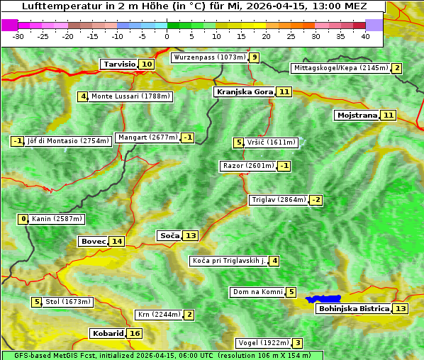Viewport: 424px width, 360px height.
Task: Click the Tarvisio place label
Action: tap(118, 64)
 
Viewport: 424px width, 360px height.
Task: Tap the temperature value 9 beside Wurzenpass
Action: tap(255, 57)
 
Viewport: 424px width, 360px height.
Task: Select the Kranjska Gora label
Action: tap(244, 92)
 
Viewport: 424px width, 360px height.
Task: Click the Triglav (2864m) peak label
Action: tap(279, 200)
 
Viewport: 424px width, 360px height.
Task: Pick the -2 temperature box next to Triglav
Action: tap(316, 200)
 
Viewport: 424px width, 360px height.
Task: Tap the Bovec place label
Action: tap(93, 242)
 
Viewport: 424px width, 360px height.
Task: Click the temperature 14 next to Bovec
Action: tap(117, 242)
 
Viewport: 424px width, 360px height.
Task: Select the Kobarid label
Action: tap(107, 334)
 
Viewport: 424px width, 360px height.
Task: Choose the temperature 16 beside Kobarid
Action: tap(135, 334)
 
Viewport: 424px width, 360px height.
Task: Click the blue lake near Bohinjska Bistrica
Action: tap(324, 299)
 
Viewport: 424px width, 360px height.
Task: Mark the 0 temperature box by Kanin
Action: tap(23, 219)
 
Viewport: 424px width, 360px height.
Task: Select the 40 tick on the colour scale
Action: tap(365, 36)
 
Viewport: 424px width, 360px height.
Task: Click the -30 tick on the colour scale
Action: tap(18, 36)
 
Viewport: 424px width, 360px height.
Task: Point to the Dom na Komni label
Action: tap(257, 292)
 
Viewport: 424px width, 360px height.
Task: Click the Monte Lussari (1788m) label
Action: tap(130, 96)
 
